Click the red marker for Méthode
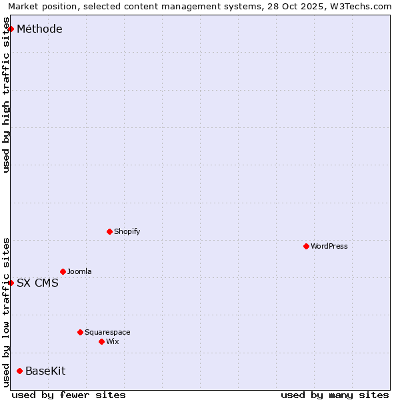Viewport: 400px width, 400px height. (11, 29)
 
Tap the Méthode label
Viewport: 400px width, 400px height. (39, 29)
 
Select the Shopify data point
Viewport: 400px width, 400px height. (109, 231)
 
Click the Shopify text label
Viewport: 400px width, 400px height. (127, 231)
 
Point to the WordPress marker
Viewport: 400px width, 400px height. (306, 246)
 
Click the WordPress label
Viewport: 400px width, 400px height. (329, 246)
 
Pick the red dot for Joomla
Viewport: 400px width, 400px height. (63, 271)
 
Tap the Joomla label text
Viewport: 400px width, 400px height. (79, 271)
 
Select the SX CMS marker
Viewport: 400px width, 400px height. (11, 283)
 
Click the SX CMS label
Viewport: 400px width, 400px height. (37, 283)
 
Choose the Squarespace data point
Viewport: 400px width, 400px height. (80, 332)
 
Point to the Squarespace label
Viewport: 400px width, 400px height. (107, 332)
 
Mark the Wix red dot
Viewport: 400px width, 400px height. (101, 341)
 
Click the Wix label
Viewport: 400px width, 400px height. (112, 341)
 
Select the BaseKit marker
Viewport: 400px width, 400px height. (19, 371)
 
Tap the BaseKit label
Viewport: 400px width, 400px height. (45, 371)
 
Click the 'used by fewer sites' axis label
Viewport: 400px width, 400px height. (69, 395)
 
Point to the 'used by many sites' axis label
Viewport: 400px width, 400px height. (335, 395)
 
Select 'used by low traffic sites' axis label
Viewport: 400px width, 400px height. (6, 312)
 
